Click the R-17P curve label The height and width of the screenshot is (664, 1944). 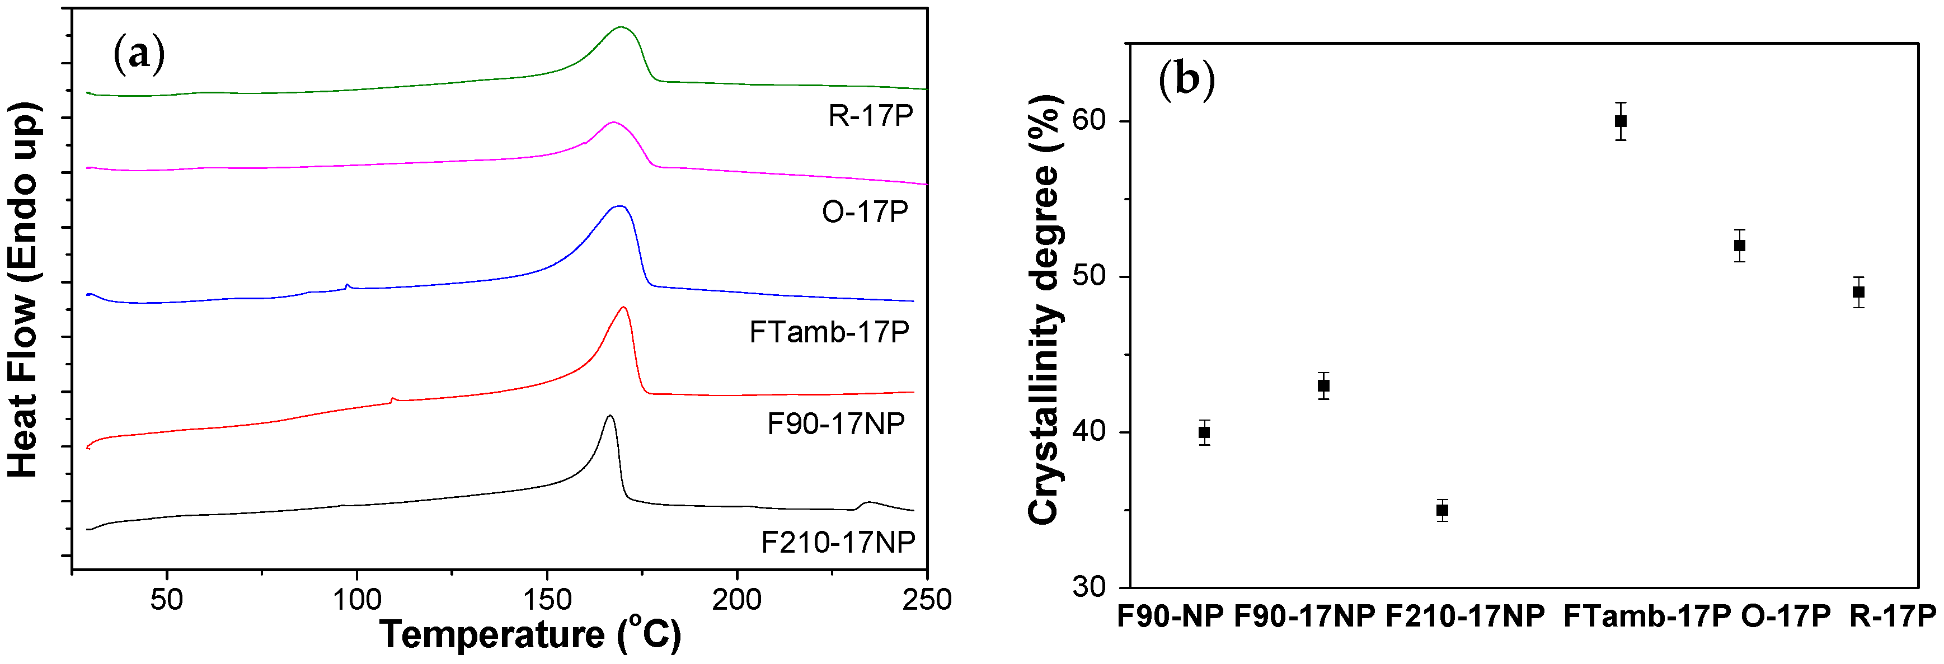click(x=871, y=115)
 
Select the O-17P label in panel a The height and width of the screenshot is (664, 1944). click(x=865, y=212)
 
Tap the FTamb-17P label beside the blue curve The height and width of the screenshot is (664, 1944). click(x=829, y=332)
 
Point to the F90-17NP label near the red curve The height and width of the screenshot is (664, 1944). click(x=835, y=424)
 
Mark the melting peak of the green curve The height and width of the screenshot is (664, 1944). click(x=621, y=27)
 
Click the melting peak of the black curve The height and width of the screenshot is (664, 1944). click(x=609, y=416)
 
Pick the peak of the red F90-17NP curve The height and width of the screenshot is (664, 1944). click(x=623, y=307)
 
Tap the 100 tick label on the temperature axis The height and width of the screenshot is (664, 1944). click(x=357, y=600)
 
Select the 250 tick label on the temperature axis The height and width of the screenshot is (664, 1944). click(x=926, y=600)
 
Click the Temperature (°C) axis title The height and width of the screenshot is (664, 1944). click(x=530, y=634)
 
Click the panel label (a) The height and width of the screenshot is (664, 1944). click(x=139, y=54)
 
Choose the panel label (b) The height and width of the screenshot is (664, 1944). click(x=1186, y=78)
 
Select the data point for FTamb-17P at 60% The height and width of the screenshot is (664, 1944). click(x=1620, y=121)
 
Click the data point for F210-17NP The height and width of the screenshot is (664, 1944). click(x=1441, y=510)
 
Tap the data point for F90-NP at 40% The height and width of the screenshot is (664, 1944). click(x=1204, y=432)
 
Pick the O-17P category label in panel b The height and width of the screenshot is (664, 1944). click(x=1786, y=616)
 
